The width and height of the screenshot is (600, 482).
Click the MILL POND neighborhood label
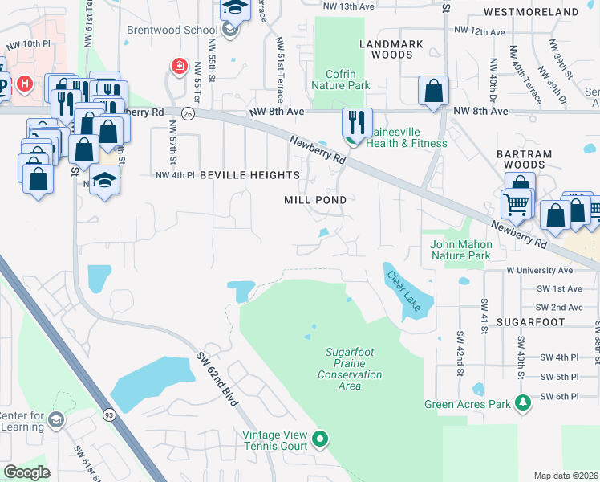pyautogui.click(x=316, y=199)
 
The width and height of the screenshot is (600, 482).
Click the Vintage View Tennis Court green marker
pyautogui.click(x=320, y=439)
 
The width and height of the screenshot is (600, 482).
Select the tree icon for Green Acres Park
pyautogui.click(x=523, y=401)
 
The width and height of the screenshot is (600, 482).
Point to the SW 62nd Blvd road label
pyautogui.click(x=217, y=378)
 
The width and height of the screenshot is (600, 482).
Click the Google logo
pyautogui.click(x=26, y=472)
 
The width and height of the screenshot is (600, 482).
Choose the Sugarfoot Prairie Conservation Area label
pyautogui.click(x=350, y=369)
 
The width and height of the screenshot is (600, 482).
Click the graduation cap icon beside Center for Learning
pyautogui.click(x=56, y=419)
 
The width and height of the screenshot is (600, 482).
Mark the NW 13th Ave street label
pyautogui.click(x=349, y=6)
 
